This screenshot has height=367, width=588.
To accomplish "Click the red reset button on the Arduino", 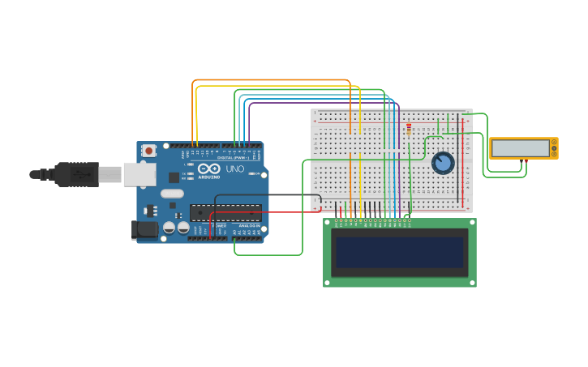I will [x=149, y=150].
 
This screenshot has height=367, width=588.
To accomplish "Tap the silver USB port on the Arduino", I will [x=139, y=174].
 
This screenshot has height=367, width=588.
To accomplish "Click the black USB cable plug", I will [x=76, y=174].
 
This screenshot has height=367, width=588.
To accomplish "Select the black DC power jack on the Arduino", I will [x=145, y=230].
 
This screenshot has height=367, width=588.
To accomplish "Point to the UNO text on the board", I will [x=234, y=169].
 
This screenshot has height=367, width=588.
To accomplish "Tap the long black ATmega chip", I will [x=225, y=212].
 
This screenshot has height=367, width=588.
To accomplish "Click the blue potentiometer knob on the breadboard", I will [x=443, y=163].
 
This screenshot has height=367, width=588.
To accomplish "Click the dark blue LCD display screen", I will [x=400, y=253].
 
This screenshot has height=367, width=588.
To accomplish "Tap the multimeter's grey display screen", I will [x=521, y=148].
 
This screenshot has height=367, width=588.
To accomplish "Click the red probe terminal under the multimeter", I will [x=526, y=161].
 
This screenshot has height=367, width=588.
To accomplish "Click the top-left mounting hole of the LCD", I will [x=328, y=222].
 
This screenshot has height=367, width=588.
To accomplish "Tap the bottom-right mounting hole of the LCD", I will [x=472, y=283].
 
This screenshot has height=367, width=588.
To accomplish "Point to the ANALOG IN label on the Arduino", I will [x=247, y=225].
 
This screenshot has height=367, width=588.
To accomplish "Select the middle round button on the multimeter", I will [x=554, y=147].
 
